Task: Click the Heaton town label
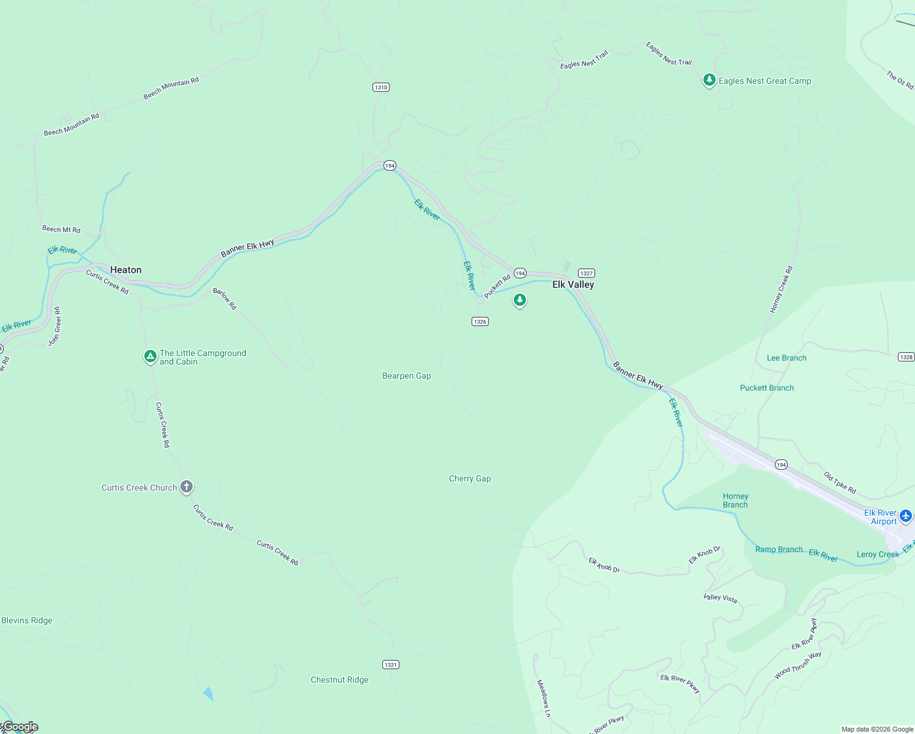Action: pyautogui.click(x=125, y=270)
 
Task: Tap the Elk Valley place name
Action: pyautogui.click(x=573, y=284)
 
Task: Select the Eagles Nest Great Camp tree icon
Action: pyautogui.click(x=709, y=80)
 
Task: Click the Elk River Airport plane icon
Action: pyautogui.click(x=906, y=516)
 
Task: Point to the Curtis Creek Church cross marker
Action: pyautogui.click(x=187, y=487)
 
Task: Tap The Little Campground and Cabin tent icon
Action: pyautogui.click(x=150, y=356)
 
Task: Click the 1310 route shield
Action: pyautogui.click(x=381, y=87)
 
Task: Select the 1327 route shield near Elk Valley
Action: pyautogui.click(x=586, y=273)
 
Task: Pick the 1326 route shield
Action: pyautogui.click(x=480, y=322)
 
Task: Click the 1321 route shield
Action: pyautogui.click(x=391, y=665)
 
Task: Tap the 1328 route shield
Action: pyautogui.click(x=906, y=357)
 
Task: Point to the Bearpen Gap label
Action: pyautogui.click(x=407, y=376)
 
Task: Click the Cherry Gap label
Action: pyautogui.click(x=470, y=479)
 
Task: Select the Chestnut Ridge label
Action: pyautogui.click(x=339, y=680)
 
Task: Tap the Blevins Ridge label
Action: pyautogui.click(x=27, y=620)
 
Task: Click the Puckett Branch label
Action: pyautogui.click(x=766, y=388)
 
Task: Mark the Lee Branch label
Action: pyautogui.click(x=787, y=358)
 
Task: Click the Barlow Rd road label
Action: pyautogui.click(x=224, y=298)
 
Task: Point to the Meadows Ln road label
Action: pyautogui.click(x=544, y=698)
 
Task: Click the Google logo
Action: pyautogui.click(x=20, y=727)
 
